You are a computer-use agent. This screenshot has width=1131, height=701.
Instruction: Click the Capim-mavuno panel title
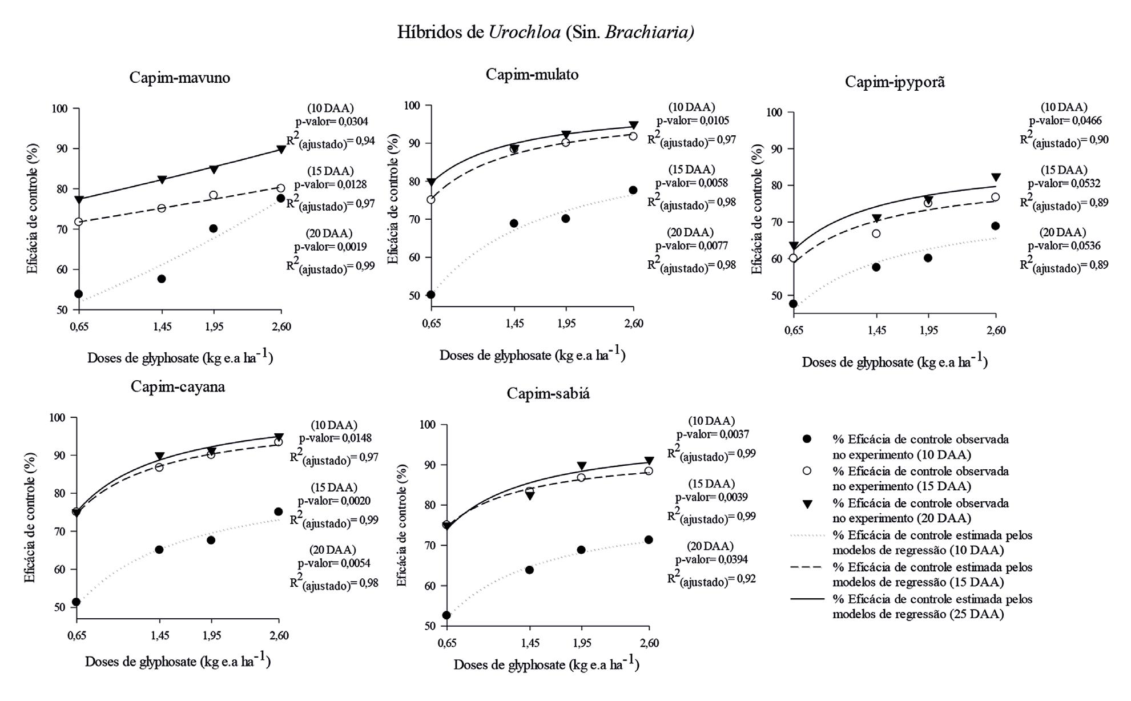180,78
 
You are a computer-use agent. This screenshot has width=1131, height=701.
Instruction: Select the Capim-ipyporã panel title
895,82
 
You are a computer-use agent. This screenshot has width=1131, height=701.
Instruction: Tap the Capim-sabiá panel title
548,393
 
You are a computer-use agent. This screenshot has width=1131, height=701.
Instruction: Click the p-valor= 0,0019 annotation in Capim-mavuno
331,247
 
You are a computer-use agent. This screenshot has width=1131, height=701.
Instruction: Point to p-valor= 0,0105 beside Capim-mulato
692,120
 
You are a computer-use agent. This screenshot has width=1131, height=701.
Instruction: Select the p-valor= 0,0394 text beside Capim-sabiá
711,559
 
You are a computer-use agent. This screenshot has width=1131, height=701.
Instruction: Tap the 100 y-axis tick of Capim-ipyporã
773,112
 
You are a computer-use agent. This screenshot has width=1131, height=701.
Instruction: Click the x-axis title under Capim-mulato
532,355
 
